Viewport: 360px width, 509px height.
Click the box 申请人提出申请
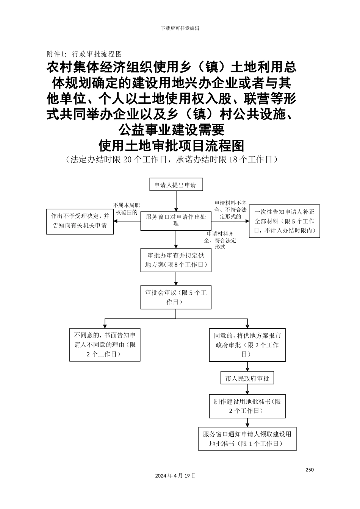(x=176, y=185)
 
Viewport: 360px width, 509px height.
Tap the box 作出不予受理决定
(x=80, y=221)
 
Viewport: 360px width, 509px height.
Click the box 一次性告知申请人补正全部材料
(x=284, y=221)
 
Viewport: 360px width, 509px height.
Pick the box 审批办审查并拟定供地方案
(x=176, y=260)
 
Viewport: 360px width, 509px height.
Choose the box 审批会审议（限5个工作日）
(x=176, y=297)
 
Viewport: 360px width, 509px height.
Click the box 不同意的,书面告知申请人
(x=105, y=345)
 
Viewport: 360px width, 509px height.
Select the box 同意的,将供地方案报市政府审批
(x=247, y=345)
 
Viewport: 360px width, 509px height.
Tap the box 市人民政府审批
(x=247, y=378)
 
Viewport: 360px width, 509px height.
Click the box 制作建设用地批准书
(x=247, y=406)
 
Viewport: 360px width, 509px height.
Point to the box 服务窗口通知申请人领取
(x=247, y=439)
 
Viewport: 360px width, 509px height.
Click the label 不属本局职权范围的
(x=126, y=209)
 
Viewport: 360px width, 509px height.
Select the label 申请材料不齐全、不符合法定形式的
(x=230, y=210)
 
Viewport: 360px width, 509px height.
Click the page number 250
(x=309, y=470)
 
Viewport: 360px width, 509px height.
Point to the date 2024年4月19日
(x=175, y=475)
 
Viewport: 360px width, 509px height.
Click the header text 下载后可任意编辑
(x=180, y=28)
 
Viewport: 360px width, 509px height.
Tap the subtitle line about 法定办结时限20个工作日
(x=172, y=159)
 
